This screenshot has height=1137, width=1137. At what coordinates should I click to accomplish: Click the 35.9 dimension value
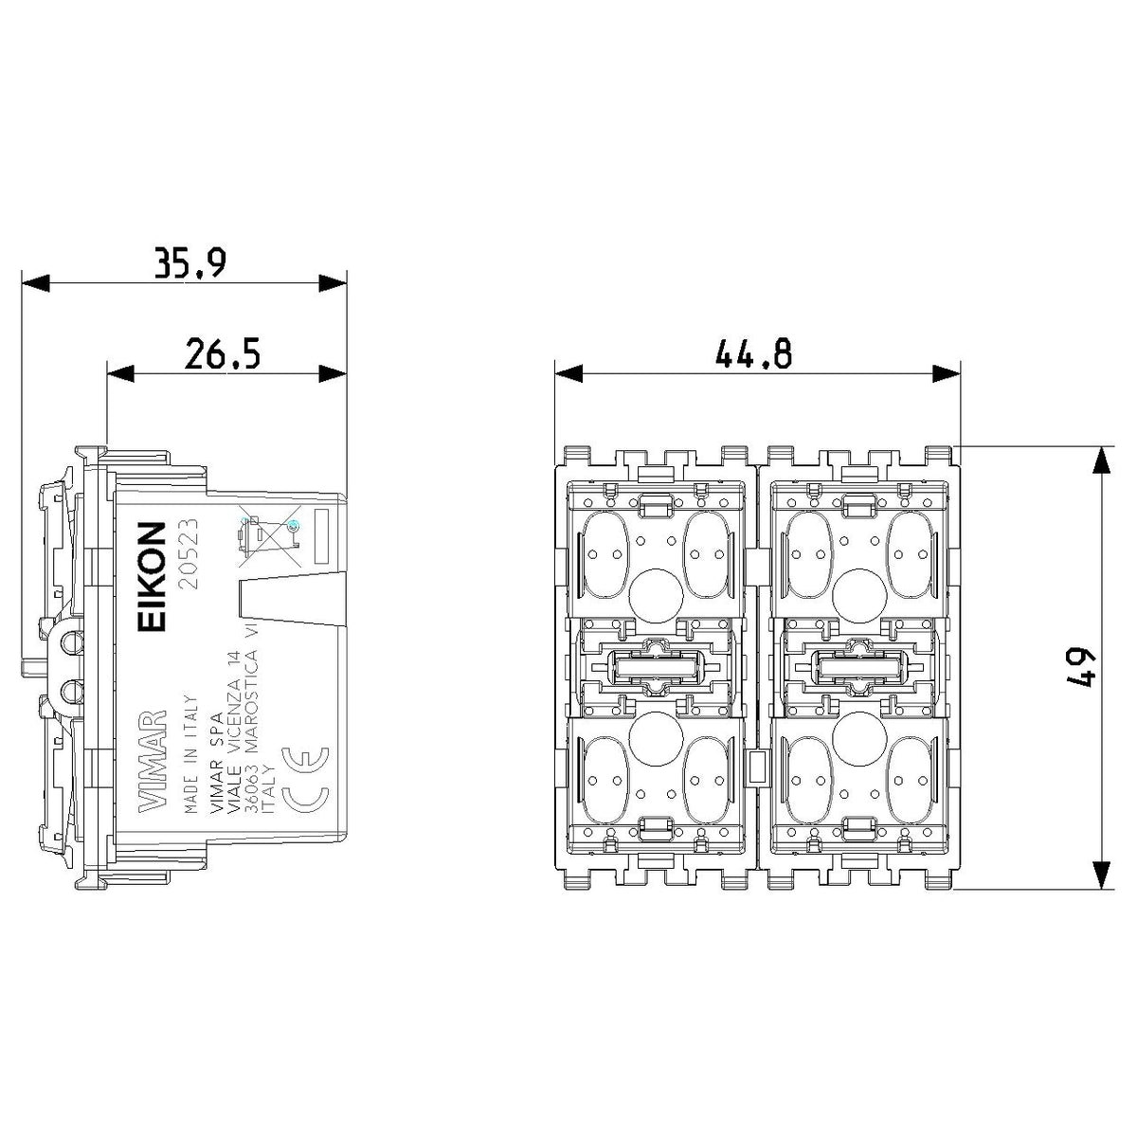(x=190, y=263)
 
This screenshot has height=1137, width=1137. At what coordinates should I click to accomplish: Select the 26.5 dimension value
(x=223, y=353)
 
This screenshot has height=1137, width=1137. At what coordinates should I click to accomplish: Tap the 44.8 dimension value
(x=753, y=354)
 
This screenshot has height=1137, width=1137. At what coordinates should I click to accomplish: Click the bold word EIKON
(x=152, y=577)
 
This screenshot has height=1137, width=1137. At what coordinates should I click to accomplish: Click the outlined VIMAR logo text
(x=153, y=762)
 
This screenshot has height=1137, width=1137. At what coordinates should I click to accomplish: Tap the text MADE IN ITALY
(x=190, y=754)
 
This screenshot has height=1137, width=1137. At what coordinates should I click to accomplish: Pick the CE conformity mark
(x=306, y=778)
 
